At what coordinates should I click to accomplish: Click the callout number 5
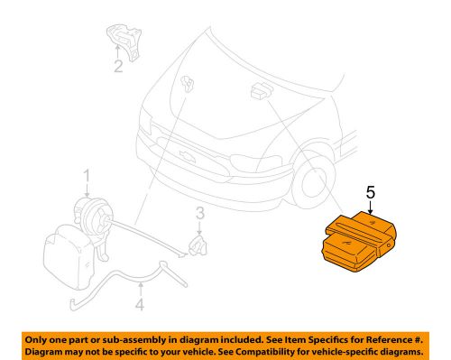(371, 192)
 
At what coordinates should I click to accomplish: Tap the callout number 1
(87, 176)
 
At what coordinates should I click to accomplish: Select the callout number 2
(118, 66)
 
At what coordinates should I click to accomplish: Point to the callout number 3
(200, 213)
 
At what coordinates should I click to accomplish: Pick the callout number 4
(140, 304)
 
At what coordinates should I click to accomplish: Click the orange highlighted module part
(359, 242)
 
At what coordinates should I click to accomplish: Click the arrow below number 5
(371, 208)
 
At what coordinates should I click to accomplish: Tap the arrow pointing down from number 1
(87, 190)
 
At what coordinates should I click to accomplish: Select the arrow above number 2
(117, 51)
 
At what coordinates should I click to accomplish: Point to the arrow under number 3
(199, 227)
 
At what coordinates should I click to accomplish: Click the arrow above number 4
(140, 289)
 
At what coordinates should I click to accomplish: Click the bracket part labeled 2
(124, 42)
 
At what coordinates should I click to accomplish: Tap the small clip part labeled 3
(198, 245)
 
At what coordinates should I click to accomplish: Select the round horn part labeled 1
(94, 216)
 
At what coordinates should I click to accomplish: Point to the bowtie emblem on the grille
(187, 156)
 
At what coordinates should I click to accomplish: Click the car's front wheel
(313, 181)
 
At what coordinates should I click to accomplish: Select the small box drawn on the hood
(261, 90)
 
